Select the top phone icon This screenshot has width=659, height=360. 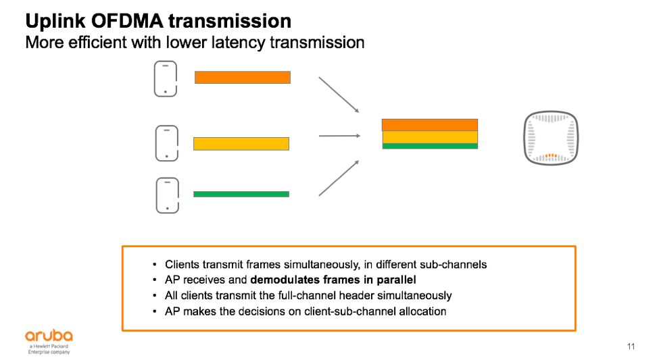pos(166,78)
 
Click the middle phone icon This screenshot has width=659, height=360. pos(166,143)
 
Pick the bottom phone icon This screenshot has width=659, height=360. pos(166,195)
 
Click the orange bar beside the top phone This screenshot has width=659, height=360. pos(243,78)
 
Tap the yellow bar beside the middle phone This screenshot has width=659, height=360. pos(241,143)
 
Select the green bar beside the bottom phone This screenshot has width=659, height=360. pos(241,194)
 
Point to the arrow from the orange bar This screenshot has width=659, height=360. pos(339,95)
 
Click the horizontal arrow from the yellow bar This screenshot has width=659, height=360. pos(339,136)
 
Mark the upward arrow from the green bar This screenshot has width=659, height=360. pos(339,178)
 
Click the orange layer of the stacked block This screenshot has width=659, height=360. pos(430,125)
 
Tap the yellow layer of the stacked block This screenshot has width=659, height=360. pos(430,137)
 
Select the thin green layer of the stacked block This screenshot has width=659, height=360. pos(430,146)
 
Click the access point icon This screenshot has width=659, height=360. pos(552,138)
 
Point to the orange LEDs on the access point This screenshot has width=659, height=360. pos(552,156)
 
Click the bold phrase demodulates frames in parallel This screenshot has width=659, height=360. pos(333,280)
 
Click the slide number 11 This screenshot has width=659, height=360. pos(631,347)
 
